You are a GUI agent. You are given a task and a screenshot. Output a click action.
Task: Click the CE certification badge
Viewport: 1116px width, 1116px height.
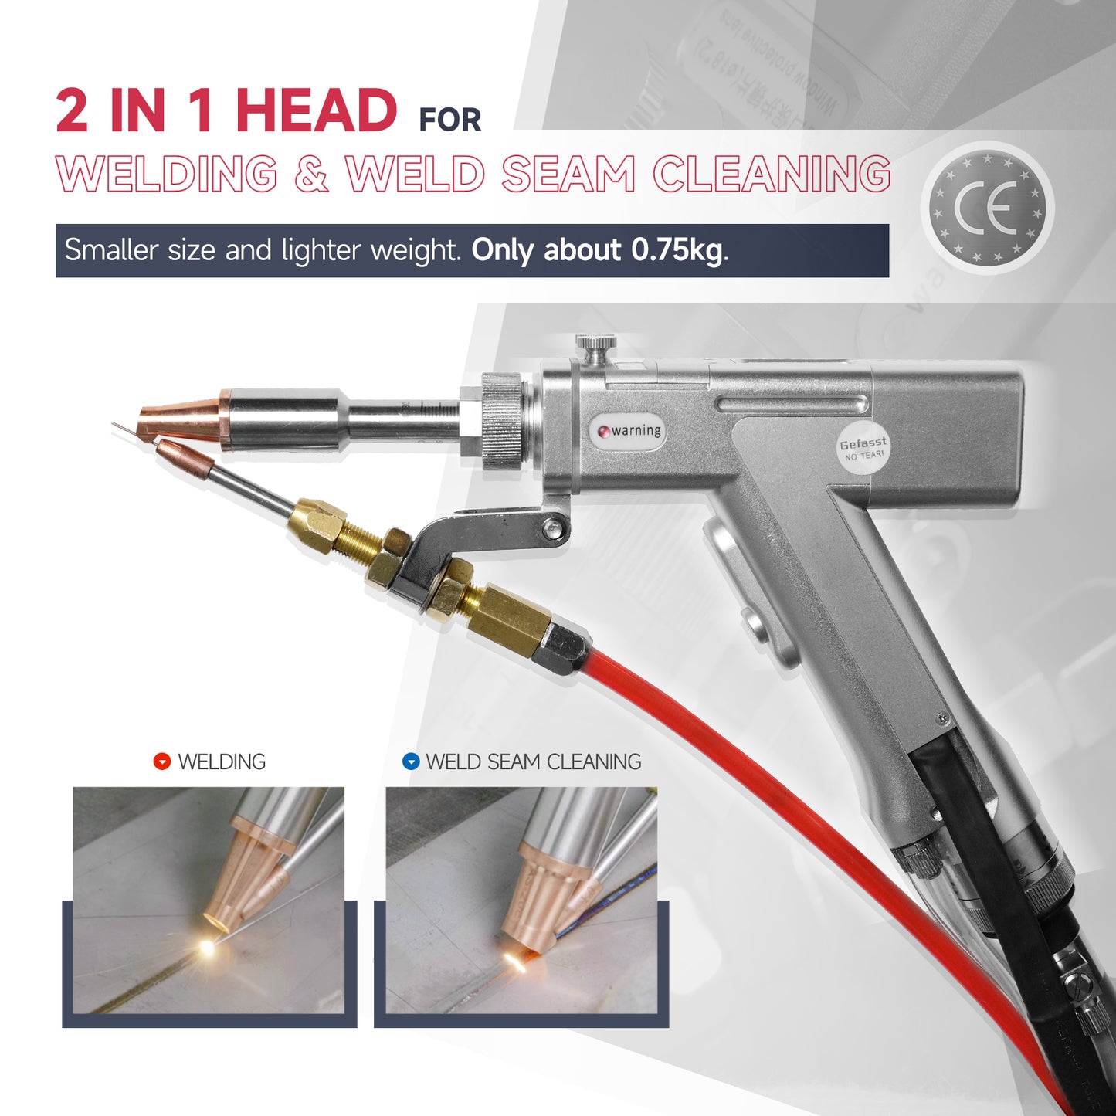(x=987, y=208)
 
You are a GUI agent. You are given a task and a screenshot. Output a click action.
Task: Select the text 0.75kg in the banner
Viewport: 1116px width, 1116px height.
(x=677, y=250)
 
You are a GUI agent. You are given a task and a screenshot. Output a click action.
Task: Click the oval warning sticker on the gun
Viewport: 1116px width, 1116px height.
(x=630, y=431)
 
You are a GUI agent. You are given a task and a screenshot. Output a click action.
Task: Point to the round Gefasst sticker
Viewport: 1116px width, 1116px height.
(x=863, y=449)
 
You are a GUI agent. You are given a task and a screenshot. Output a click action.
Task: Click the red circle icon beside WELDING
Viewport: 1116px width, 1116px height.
(x=161, y=762)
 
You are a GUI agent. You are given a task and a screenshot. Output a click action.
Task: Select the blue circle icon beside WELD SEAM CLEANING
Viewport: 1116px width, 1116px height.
(x=411, y=762)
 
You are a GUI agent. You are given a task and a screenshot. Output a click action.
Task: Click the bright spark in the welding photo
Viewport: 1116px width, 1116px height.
(x=206, y=946)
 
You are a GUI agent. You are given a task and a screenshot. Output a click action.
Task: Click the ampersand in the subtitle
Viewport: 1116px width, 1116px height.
(x=310, y=174)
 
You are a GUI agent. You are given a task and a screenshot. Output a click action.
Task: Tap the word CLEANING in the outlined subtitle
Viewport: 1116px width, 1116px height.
(x=772, y=174)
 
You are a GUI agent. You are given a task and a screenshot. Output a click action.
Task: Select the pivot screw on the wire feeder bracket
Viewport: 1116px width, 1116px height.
(x=552, y=528)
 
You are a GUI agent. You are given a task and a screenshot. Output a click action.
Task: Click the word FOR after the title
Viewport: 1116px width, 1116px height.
(x=449, y=120)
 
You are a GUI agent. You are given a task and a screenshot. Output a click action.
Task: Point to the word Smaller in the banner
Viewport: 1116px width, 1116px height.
(x=113, y=250)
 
